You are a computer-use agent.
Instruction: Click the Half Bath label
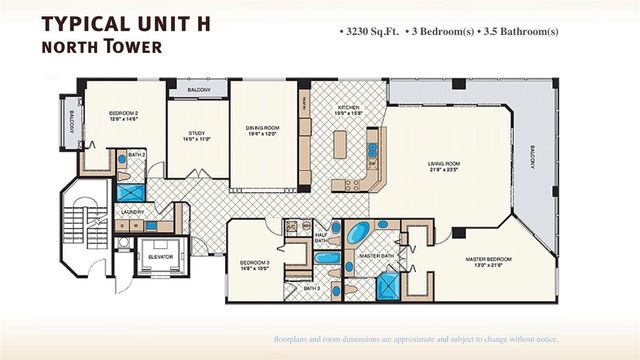click(x=321, y=238)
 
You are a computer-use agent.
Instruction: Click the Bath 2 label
click(x=137, y=155)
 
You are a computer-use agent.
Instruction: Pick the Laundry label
click(x=132, y=212)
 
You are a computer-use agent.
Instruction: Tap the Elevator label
click(x=159, y=256)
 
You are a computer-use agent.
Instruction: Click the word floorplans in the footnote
click(x=296, y=340)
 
